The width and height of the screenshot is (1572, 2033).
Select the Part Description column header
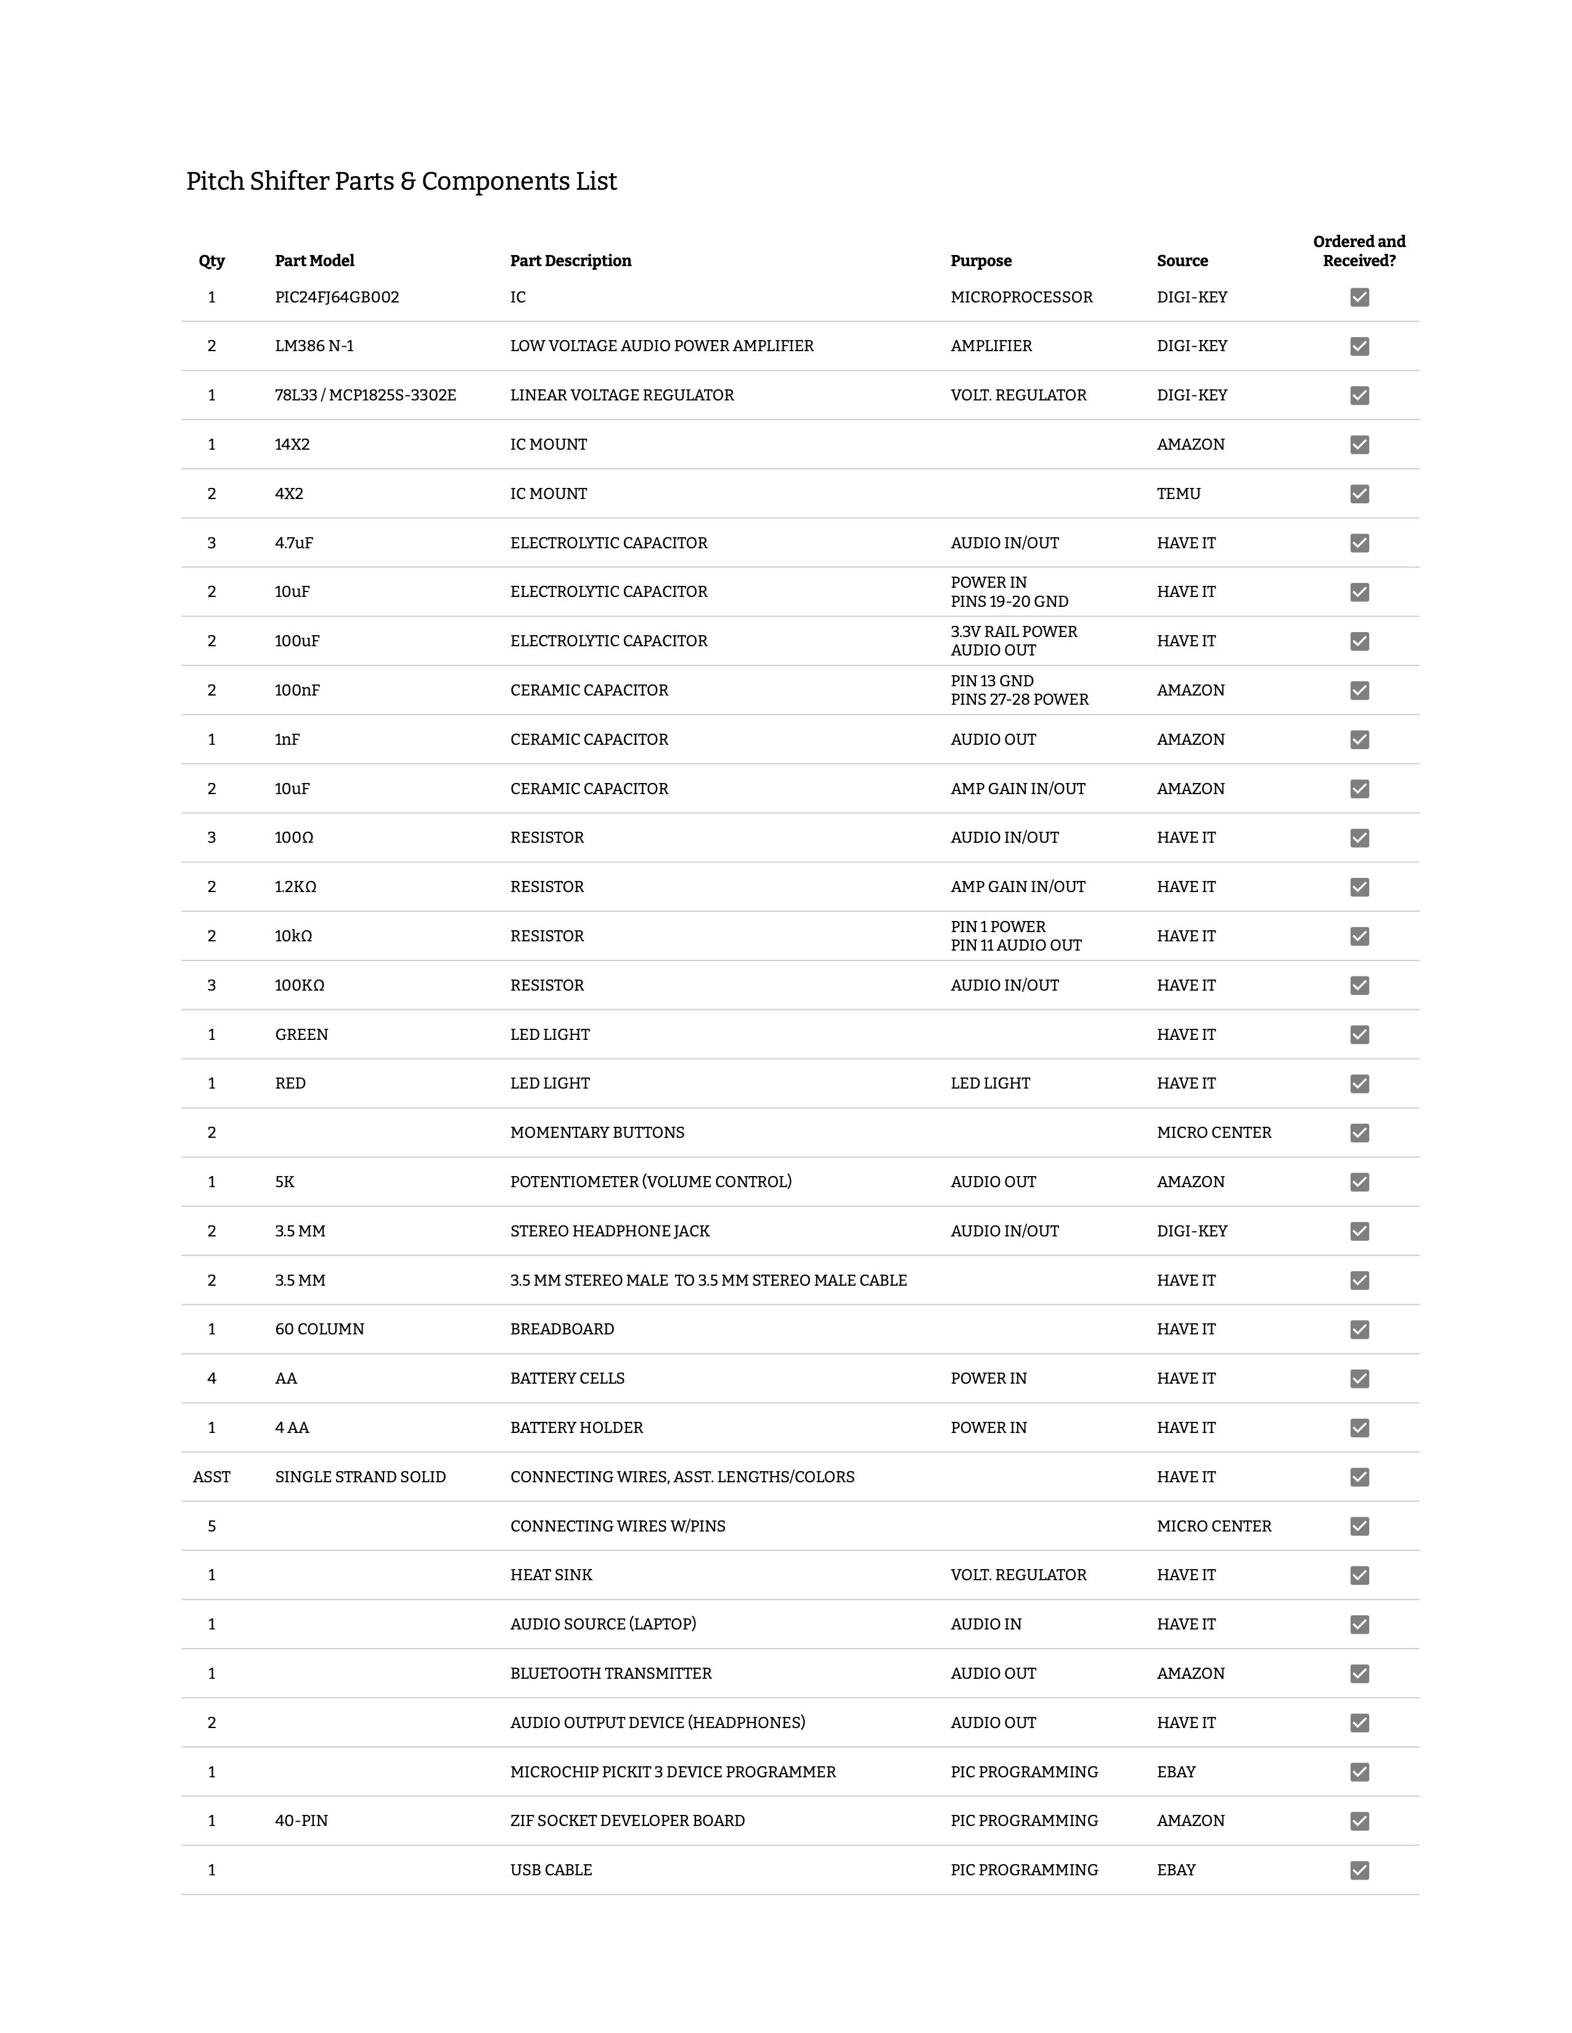(x=570, y=261)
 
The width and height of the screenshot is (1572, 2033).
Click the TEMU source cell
(x=1178, y=493)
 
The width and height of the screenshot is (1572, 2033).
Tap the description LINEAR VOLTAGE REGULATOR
(x=621, y=396)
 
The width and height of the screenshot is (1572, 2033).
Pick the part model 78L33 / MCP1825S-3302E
(x=365, y=396)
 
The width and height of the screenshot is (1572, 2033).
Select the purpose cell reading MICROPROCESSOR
(x=1021, y=297)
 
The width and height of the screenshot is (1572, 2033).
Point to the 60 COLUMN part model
(x=319, y=1329)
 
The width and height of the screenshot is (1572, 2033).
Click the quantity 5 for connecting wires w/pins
(x=211, y=1527)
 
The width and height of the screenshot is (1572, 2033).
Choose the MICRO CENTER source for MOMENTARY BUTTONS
(x=1213, y=1133)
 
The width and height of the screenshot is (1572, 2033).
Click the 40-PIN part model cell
(x=301, y=1820)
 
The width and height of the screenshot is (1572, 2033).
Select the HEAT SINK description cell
(x=551, y=1575)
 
